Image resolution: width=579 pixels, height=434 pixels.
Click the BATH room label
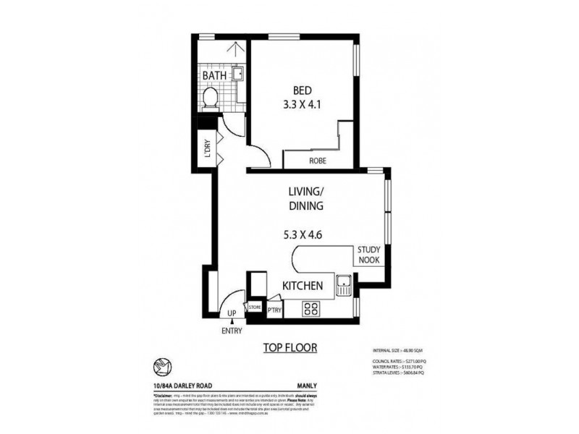click(x=215, y=75)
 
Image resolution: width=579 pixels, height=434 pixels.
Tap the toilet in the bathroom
click(x=211, y=98)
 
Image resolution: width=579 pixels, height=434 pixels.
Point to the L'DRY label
click(x=206, y=150)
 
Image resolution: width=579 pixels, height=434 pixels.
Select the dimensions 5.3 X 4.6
click(x=304, y=234)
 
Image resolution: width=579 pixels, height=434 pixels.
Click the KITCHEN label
click(x=302, y=286)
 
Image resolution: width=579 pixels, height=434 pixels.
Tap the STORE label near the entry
click(x=255, y=307)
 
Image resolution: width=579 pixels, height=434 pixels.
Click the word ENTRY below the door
click(x=232, y=331)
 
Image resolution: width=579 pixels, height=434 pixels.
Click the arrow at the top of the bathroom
click(x=233, y=49)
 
